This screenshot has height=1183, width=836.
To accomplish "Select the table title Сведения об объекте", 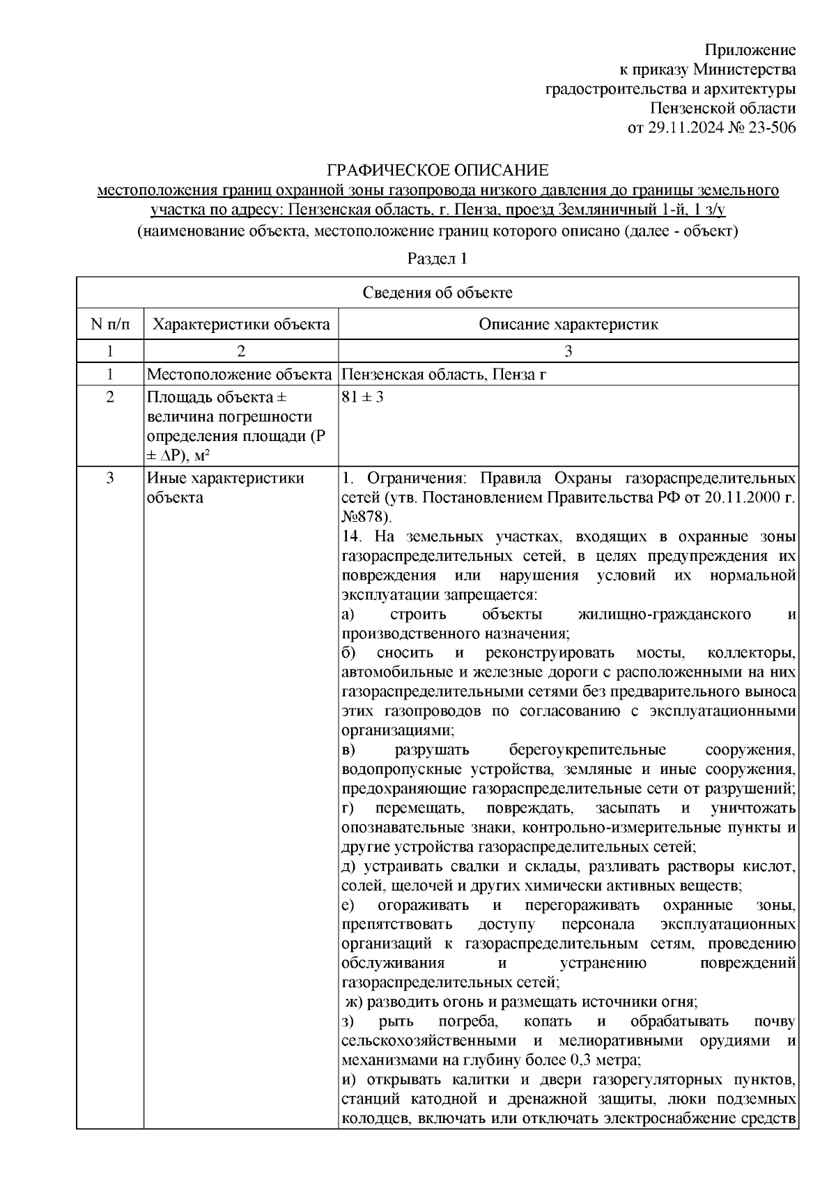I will [x=437, y=293].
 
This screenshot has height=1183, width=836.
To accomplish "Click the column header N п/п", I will [x=109, y=324].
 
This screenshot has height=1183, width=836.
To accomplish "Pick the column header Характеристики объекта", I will [x=241, y=324].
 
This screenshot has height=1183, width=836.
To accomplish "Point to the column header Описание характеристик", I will [x=568, y=324].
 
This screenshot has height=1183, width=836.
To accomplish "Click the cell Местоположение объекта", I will [x=239, y=375].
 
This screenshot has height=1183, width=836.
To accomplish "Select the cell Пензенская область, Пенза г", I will [x=444, y=375].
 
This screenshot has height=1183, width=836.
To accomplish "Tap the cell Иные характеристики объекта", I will [x=226, y=488].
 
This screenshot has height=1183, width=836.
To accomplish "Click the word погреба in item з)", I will [x=467, y=1021].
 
